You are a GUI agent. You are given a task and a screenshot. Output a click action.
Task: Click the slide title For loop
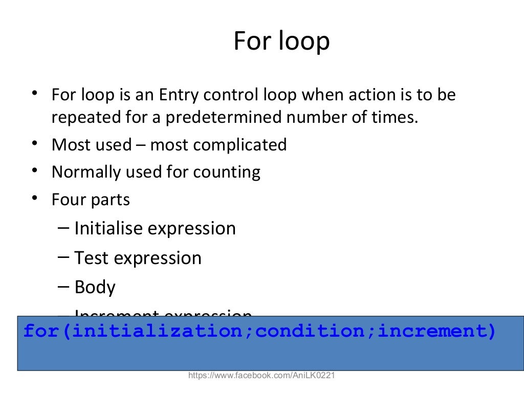pyautogui.click(x=281, y=42)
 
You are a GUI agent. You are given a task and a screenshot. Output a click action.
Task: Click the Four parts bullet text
pyautogui.click(x=91, y=200)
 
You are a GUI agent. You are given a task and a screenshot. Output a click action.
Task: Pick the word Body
pyautogui.click(x=95, y=288)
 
